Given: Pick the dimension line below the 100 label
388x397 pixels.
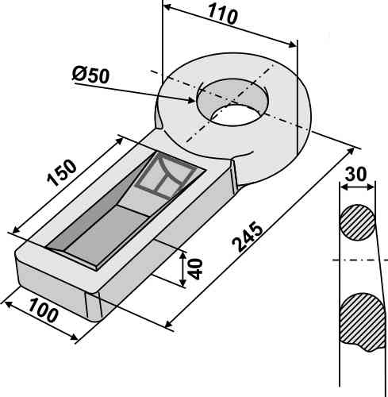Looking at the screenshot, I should coord(40,321).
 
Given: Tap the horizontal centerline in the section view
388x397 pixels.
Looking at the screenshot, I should coord(357,260).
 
